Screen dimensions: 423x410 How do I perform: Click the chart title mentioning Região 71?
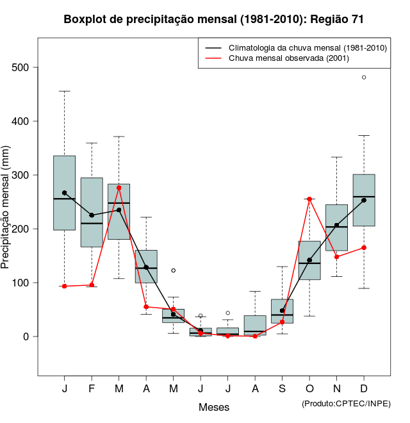(214, 20)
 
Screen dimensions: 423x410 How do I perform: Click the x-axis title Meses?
(214, 407)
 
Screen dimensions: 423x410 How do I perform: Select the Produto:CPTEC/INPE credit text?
(346, 403)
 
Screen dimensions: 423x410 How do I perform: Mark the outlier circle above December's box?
(364, 77)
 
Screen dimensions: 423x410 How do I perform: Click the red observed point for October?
(309, 199)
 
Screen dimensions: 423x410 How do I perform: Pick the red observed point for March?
(119, 188)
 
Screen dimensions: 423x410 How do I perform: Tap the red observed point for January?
(65, 286)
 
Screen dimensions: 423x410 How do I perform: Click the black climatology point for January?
(65, 193)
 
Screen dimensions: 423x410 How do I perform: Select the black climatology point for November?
(337, 225)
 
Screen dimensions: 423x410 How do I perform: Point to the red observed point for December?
(364, 247)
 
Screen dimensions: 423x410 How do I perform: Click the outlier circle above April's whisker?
(174, 270)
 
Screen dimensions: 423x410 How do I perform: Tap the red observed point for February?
(92, 285)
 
